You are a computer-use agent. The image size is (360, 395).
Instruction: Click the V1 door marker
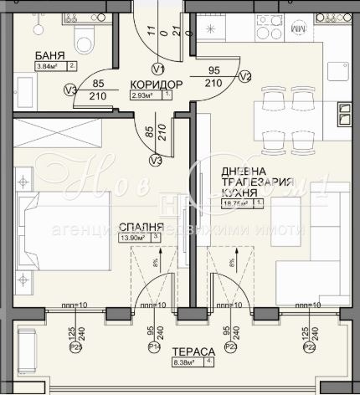coord(157,69)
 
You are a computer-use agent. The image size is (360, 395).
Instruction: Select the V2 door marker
coord(244,76)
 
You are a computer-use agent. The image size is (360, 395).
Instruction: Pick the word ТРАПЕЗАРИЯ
coord(257,182)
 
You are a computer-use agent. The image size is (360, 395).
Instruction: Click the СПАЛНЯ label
coord(134,226)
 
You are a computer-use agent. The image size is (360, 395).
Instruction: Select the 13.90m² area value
coord(134,239)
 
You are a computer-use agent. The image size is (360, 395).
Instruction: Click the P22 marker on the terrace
coord(309,346)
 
